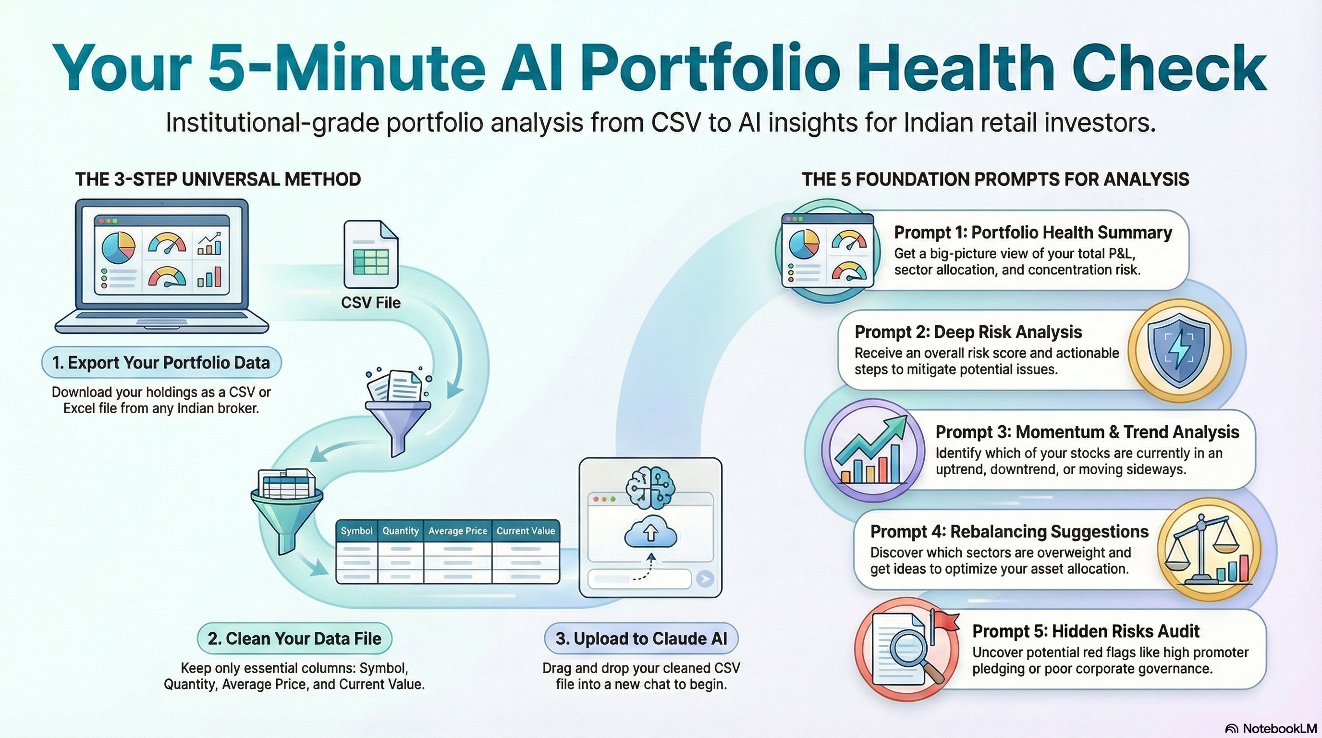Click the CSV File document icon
(x=371, y=255)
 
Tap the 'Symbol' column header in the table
(x=356, y=530)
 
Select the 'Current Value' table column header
(x=526, y=530)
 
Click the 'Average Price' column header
(x=458, y=530)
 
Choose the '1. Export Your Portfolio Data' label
(x=161, y=362)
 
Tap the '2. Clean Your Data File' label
(x=294, y=639)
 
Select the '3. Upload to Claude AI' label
(x=641, y=639)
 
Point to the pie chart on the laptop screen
(x=119, y=247)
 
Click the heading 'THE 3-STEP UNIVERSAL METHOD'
(x=218, y=179)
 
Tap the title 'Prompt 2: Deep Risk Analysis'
(x=968, y=332)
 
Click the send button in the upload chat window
(x=705, y=579)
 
